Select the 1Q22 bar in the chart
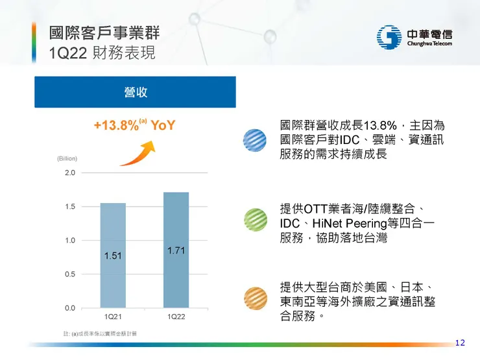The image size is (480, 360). point(176,250)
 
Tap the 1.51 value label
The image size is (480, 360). point(113,256)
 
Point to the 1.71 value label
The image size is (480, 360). point(176,250)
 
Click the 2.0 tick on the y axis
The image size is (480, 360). point(69,173)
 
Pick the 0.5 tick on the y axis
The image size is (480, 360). point(69,274)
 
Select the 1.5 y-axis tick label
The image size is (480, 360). point(69,207)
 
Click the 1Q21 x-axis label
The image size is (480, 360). point(113,317)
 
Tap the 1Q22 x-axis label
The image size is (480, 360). point(176,317)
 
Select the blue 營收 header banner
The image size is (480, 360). point(135,92)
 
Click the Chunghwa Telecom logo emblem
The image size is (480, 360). point(389,36)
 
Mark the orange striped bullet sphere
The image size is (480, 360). point(254,299)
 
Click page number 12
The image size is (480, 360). point(460,342)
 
